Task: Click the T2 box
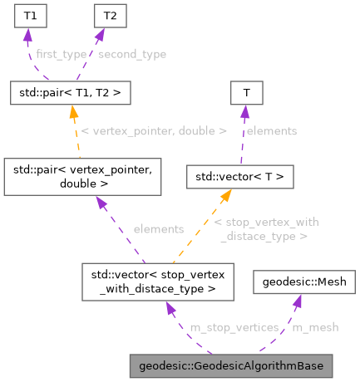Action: (x=106, y=16)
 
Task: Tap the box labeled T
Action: (x=246, y=91)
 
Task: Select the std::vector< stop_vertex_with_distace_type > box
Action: (x=158, y=282)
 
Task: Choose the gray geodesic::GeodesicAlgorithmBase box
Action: (x=231, y=366)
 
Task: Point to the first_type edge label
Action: (x=61, y=54)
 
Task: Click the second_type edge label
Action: (x=131, y=54)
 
